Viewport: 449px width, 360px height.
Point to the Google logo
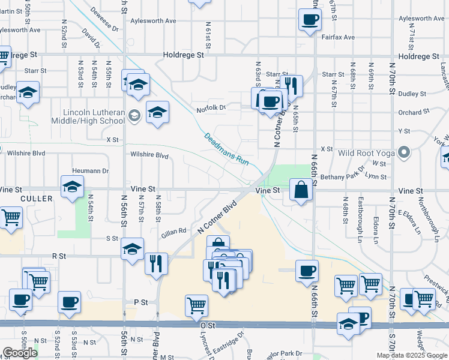(19, 353)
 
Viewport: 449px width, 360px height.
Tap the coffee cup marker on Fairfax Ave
(310, 20)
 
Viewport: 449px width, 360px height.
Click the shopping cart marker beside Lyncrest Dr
(196, 305)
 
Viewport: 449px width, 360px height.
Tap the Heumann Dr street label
(89, 171)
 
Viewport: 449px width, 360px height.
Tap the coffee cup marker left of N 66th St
(307, 271)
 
